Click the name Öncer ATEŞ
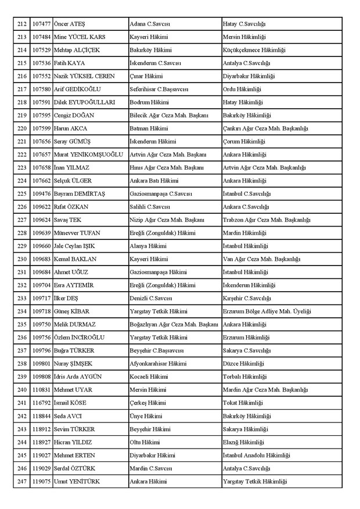69,24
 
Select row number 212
22,24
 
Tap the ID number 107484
41,37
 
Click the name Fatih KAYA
68,63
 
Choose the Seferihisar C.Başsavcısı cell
159,89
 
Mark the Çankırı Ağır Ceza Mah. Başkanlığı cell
265,128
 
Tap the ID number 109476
41,193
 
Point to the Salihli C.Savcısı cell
150,207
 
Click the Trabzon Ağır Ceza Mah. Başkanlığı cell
267,220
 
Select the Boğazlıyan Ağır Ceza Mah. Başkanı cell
174,324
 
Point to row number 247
22,481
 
